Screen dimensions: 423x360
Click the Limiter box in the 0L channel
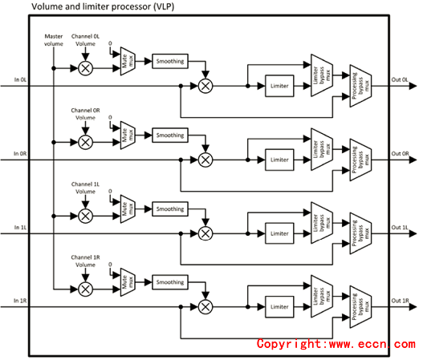coord(279,86)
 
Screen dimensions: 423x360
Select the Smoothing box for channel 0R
coord(170,135)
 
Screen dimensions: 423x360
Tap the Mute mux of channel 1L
coord(128,208)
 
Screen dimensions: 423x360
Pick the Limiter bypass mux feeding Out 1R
coord(322,296)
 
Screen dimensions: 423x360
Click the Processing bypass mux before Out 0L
coord(360,86)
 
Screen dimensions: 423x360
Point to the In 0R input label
coord(20,154)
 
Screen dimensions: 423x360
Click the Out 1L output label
coord(400,228)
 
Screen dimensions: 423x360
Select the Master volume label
coord(54,40)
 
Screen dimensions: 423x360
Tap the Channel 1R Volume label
coord(86,261)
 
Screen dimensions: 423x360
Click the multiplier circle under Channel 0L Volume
coord(86,68)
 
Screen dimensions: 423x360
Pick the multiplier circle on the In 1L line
coord(205,233)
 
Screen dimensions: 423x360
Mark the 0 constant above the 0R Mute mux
coord(110,118)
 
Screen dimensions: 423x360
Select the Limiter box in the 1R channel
coord(279,306)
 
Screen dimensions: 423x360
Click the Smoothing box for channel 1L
coord(170,208)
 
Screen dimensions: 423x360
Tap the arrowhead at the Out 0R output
coord(413,160)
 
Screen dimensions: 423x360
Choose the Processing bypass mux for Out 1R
coord(360,306)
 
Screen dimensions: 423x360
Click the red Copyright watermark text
coord(336,344)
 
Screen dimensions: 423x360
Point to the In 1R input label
coord(20,301)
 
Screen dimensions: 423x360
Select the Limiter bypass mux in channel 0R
coord(322,149)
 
